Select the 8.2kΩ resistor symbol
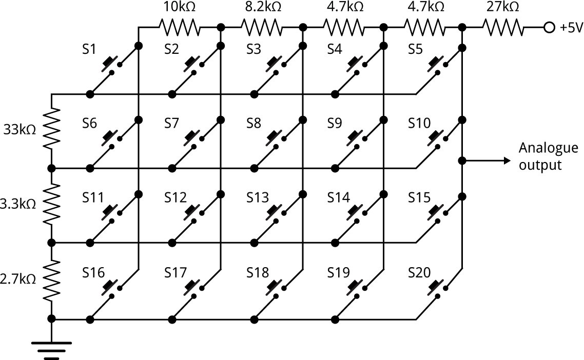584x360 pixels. click(260, 27)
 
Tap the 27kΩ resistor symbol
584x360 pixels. click(503, 27)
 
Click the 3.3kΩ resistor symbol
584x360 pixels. click(51, 204)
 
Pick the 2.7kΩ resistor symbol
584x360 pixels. click(51, 279)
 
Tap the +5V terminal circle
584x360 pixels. click(549, 27)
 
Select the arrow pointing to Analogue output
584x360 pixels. click(488, 161)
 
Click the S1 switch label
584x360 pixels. click(90, 49)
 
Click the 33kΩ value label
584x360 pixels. click(19, 129)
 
